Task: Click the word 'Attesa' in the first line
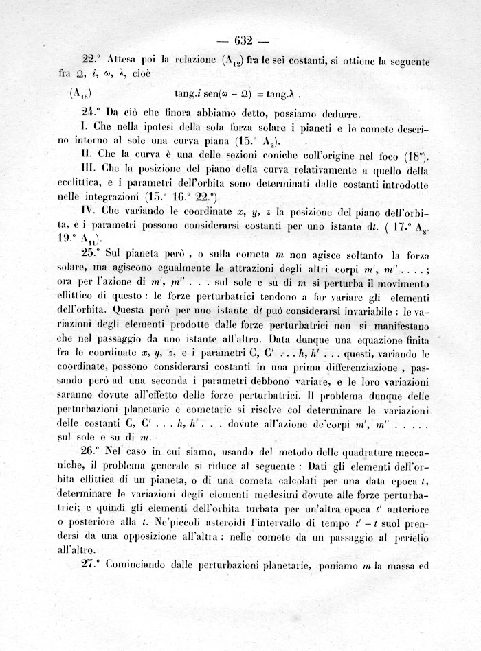[124, 60]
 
